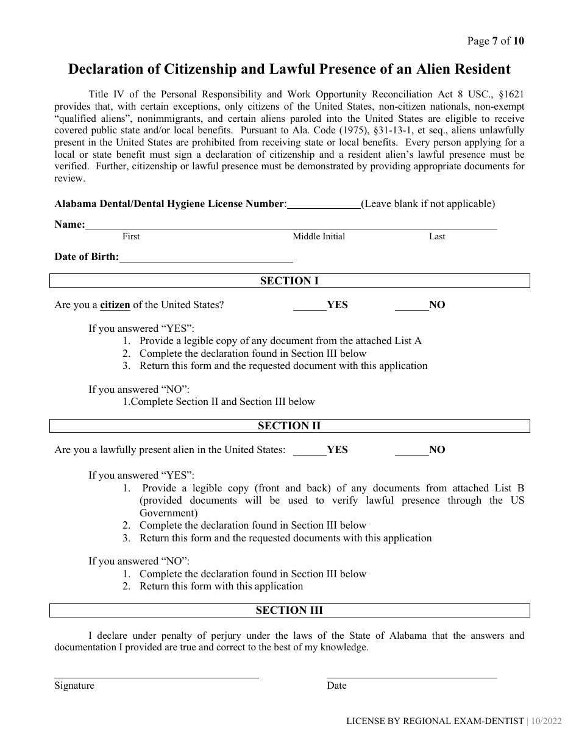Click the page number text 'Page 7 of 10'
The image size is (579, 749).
(495, 41)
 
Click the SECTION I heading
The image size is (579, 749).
(289, 281)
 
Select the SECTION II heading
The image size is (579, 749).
(289, 426)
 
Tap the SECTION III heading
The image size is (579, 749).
(289, 610)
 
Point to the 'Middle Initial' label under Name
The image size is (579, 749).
(319, 236)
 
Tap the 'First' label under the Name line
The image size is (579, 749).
(131, 236)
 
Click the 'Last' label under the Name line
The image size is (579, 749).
(437, 236)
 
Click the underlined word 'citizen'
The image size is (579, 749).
(115, 305)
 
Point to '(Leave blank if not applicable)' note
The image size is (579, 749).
(428, 204)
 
